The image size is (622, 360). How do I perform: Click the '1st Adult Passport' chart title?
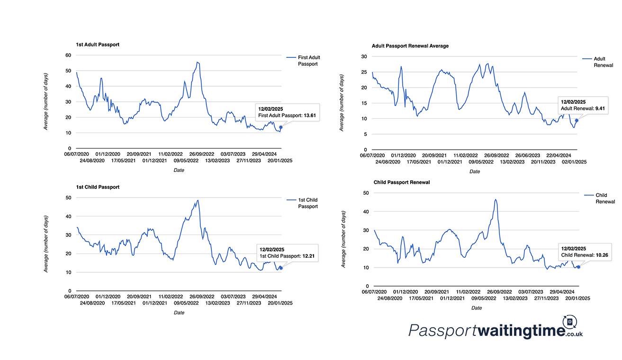(x=98, y=45)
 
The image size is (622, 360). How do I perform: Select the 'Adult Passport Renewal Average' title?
(x=410, y=46)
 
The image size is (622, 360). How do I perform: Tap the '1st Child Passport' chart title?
(x=98, y=187)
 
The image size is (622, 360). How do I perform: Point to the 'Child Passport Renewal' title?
(x=402, y=182)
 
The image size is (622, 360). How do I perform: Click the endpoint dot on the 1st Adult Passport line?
(x=281, y=127)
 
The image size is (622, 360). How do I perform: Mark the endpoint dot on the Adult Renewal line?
(x=577, y=120)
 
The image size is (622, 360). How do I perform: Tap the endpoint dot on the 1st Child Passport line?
(x=281, y=268)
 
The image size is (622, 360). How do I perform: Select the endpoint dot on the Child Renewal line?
(x=578, y=267)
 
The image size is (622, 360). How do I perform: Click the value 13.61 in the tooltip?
(x=310, y=116)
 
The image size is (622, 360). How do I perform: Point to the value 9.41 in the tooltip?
(x=600, y=108)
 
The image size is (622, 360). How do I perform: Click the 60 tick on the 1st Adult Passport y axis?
(x=68, y=55)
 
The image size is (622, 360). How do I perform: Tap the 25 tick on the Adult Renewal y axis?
(x=364, y=72)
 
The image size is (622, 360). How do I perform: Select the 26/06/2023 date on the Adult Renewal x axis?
(x=528, y=155)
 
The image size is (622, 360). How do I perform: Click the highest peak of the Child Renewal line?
(x=496, y=199)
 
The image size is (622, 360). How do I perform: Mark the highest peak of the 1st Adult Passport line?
(x=197, y=62)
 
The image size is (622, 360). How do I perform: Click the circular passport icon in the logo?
(x=570, y=322)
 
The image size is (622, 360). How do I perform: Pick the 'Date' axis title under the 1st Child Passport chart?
(x=179, y=313)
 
